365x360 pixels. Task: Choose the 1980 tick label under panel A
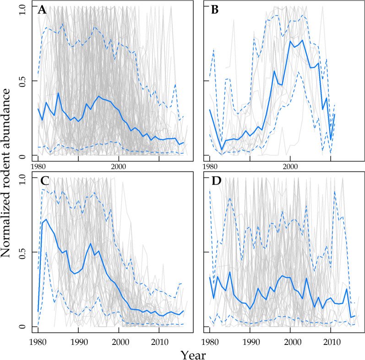pyautogui.click(x=38, y=165)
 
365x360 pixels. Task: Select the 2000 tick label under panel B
pyautogui.click(x=290, y=165)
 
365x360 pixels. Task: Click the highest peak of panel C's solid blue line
pyautogui.click(x=46, y=220)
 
